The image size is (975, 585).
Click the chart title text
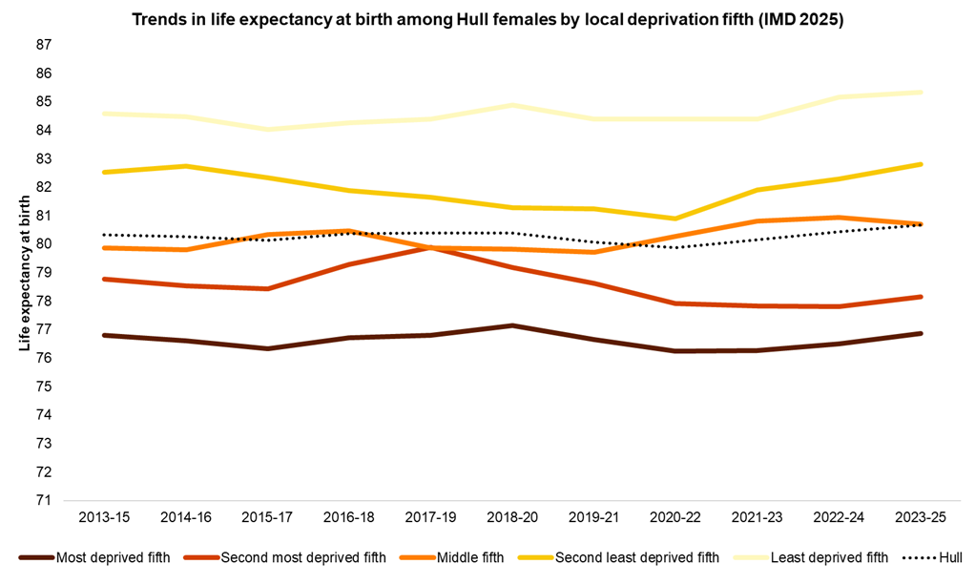(x=487, y=19)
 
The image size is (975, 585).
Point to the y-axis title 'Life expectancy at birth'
(x=26, y=273)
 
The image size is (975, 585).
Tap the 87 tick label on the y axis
(x=44, y=45)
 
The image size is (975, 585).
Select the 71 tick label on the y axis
(x=44, y=500)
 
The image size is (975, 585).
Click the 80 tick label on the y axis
(x=44, y=244)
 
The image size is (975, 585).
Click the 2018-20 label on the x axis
(x=511, y=517)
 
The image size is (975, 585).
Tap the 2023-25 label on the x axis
(x=921, y=517)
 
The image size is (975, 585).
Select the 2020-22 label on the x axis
(x=675, y=517)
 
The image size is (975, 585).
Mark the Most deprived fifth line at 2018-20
(x=511, y=325)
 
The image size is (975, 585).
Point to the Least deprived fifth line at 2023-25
(x=921, y=92)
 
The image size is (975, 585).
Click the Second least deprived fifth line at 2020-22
(x=675, y=219)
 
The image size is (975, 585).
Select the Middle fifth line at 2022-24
(x=839, y=218)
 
